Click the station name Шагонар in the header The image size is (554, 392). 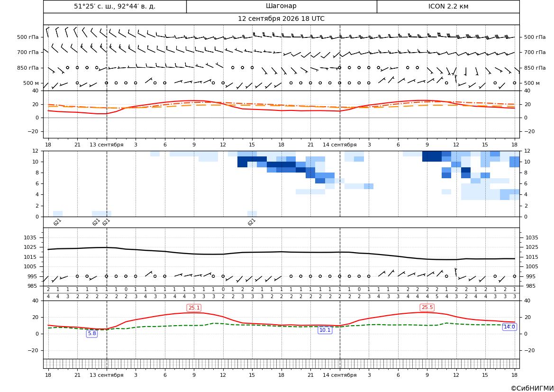tap(281, 6)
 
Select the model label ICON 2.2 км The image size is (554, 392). tap(448, 6)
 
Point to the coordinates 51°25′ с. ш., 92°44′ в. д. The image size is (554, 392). tap(115, 6)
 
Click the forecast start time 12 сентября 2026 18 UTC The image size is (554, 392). tap(281, 19)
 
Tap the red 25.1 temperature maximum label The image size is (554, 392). tap(194, 308)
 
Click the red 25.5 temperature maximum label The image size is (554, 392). tap(427, 308)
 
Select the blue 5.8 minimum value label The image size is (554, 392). tap(92, 333)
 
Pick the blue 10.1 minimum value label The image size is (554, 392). tap(325, 330)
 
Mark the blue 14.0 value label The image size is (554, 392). tap(509, 327)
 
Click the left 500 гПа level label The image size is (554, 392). tap(28, 37)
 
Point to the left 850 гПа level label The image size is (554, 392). tap(28, 68)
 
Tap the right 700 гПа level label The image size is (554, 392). tap(535, 52)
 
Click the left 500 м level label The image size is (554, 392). tap(31, 83)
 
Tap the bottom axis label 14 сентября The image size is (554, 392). tap(340, 375)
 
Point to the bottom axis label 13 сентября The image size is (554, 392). tap(106, 375)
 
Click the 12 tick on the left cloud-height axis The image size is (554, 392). tap(35, 151)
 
